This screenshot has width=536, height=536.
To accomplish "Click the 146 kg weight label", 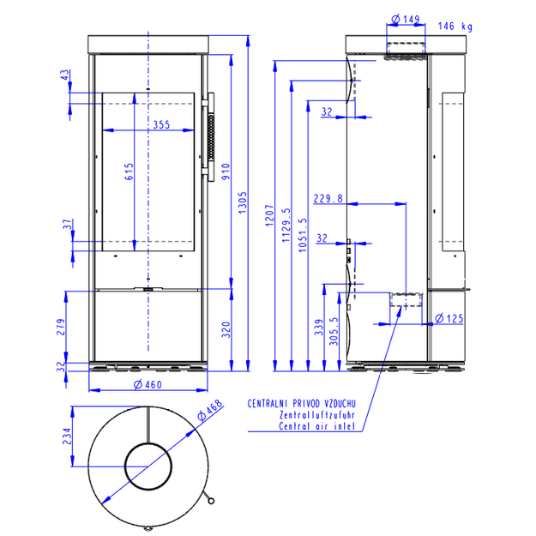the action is pos(455,27).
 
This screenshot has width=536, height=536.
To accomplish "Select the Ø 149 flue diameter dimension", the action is pos(406,19).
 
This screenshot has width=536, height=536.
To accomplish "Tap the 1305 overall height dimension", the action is pos(242,202).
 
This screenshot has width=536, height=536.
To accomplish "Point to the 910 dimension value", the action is pos(226,172).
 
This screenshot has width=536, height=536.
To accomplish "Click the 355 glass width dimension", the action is pos(161,124).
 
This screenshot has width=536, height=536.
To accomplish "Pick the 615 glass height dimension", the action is pos(129,172).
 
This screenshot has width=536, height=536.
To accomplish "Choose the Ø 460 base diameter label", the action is pos(148,385).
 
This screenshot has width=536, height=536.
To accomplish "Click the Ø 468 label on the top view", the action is pos(210,410).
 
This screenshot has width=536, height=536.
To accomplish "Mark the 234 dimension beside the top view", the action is pos(68,437).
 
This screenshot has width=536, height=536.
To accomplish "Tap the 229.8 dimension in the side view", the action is pos(328,199).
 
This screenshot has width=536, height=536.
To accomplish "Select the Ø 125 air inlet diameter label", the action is pos(449,318).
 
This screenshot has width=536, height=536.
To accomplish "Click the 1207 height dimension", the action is pos(269,215).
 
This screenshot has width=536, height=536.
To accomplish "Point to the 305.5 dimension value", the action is pos(334,331).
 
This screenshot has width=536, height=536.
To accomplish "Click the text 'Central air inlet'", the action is pos(316,426).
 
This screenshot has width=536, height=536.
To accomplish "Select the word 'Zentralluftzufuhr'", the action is pos(317,415).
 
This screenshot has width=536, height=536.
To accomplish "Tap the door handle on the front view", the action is pos(210,136).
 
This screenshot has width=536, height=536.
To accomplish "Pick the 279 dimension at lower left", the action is pos(61,327).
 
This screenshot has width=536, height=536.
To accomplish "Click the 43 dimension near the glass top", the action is pos(65,75).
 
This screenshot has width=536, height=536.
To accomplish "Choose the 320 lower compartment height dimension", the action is pos(226,329).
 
